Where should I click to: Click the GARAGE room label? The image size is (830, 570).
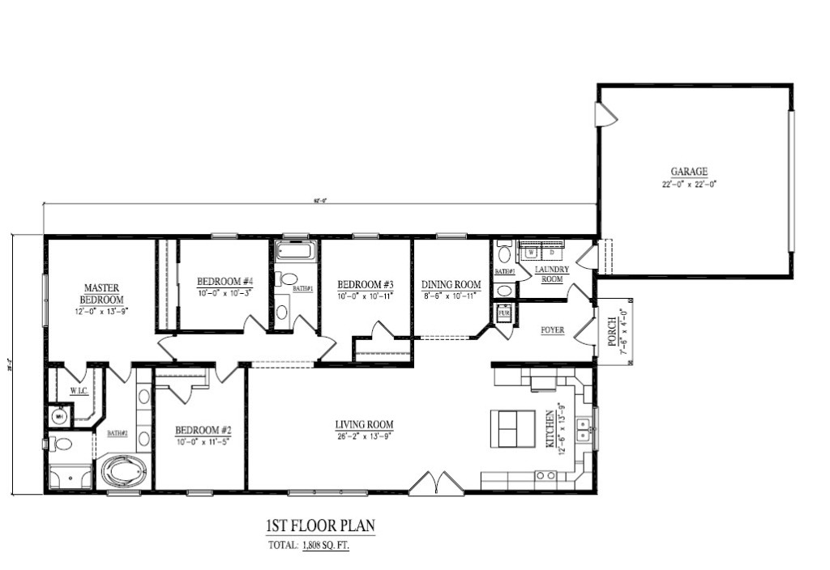pos(689,172)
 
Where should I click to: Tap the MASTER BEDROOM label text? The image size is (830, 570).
pos(103,293)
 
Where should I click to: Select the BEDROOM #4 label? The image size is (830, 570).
pos(225,281)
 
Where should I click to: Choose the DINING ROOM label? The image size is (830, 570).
pos(451,284)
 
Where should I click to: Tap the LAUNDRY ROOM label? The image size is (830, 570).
pos(552,274)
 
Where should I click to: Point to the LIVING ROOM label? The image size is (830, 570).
pos(365,424)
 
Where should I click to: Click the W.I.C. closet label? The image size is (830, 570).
pos(79,391)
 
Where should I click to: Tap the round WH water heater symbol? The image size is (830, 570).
pos(58,416)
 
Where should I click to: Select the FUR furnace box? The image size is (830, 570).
pos(504,312)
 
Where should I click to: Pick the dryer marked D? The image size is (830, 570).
pos(554,251)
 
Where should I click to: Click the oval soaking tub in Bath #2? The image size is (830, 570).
pos(123,471)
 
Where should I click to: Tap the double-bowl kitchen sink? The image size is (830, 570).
pos(583,428)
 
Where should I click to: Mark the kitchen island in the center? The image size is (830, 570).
pos(512,427)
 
